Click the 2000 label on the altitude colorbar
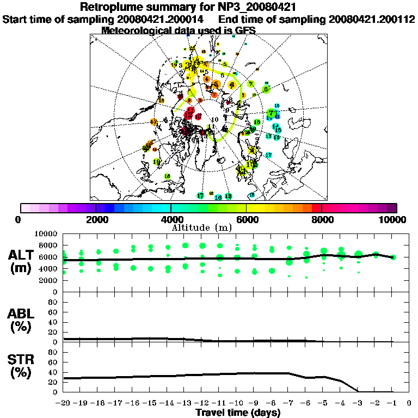click(95, 219)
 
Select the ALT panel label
click(22, 255)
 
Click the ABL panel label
click(22, 313)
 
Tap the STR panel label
click(22, 360)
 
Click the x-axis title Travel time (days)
click(238, 413)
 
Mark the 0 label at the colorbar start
click(19, 219)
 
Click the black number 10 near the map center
click(215, 119)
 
